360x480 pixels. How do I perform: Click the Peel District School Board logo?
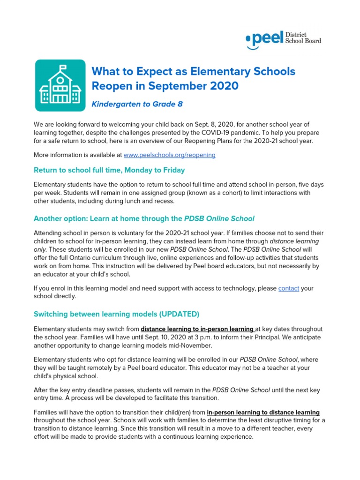click(284, 39)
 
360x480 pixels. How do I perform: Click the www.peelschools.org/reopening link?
click(170, 155)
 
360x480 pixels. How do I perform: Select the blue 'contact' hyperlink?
click(288, 288)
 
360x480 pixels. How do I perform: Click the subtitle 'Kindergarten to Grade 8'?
click(137, 104)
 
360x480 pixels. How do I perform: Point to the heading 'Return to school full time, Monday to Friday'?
click(109, 170)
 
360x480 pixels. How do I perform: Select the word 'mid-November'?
click(192, 345)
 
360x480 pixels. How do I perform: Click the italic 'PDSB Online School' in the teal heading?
click(219, 218)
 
